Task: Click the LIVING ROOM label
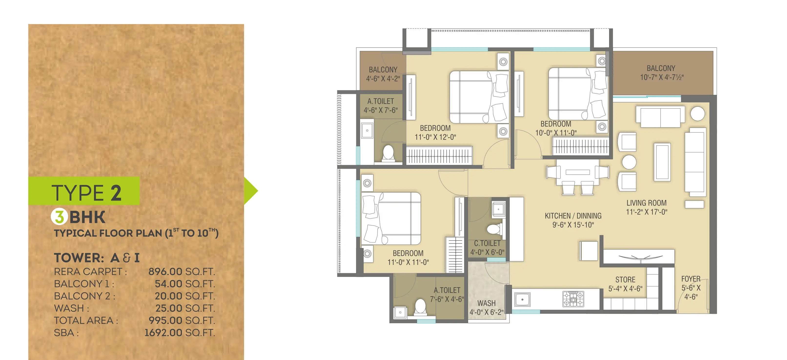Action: point(646,203)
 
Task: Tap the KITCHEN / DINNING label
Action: point(573,216)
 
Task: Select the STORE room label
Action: point(625,280)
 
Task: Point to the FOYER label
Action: point(691,279)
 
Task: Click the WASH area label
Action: point(486,303)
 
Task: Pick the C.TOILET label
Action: point(487,243)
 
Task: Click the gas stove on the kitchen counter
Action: point(573,299)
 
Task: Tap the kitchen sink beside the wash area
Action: point(522,299)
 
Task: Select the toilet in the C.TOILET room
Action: point(494,229)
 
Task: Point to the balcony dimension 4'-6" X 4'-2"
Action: point(383,79)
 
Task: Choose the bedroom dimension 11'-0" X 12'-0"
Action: point(435,137)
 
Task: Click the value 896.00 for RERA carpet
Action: point(170,271)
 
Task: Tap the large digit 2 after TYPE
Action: point(116,193)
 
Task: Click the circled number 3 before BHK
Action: point(59,217)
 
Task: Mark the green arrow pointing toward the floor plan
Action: point(251,191)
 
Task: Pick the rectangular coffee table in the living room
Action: point(662,162)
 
